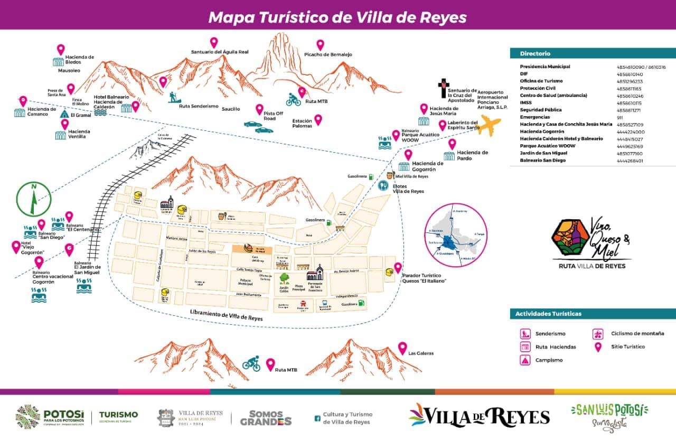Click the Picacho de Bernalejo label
point(328,55)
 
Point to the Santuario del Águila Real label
point(219,52)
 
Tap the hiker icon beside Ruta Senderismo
point(174,97)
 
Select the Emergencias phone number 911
point(619,117)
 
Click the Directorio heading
point(534,53)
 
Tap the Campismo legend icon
point(525,360)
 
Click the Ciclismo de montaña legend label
point(637,333)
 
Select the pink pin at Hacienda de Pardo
point(452,144)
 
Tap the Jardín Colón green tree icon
point(285,277)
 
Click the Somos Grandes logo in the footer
point(266,418)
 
